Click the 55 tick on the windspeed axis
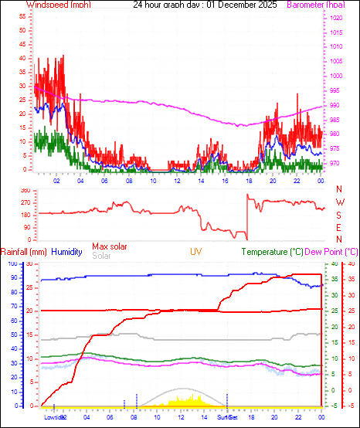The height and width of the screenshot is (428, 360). (23, 15)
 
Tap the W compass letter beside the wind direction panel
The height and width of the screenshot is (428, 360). (338, 202)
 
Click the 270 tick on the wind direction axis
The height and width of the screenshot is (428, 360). (25, 202)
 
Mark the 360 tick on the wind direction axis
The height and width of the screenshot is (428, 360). (25, 189)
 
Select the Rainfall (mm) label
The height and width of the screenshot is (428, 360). (24, 252)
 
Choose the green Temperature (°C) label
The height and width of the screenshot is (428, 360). (272, 252)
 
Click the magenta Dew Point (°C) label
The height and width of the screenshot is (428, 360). (332, 252)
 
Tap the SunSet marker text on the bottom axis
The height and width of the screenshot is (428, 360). (227, 417)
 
